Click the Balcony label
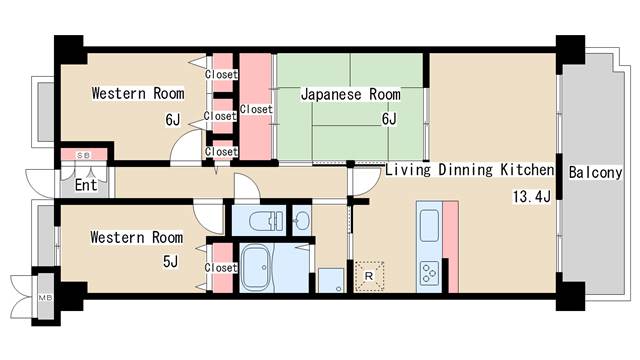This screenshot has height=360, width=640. click(596, 172)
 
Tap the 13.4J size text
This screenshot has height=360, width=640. click(532, 195)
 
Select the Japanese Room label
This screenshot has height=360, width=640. click(350, 95)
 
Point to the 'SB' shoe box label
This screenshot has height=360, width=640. click(84, 156)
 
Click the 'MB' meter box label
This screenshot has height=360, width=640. click(45, 298)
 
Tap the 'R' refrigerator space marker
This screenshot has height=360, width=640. click(369, 275)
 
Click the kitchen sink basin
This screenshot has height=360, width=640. click(429, 227)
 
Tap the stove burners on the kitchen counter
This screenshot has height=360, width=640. click(430, 272)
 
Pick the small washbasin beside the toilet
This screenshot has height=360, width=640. click(301, 219)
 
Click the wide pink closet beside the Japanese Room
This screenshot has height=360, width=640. click(256, 108)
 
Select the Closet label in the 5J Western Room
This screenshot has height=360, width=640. click(221, 268)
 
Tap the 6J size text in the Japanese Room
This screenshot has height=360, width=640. click(388, 120)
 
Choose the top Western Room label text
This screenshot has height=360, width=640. click(138, 94)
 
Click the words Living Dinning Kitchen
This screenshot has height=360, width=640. click(469, 170)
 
